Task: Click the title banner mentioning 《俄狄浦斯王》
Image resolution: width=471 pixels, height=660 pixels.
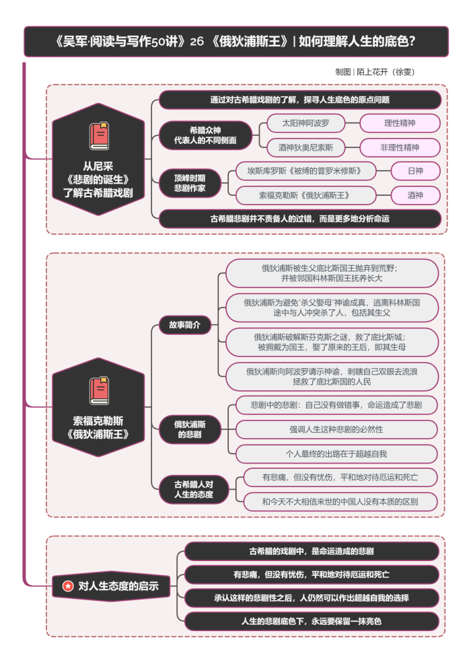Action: click(x=235, y=42)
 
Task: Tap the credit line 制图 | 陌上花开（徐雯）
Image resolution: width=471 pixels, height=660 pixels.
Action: click(x=379, y=71)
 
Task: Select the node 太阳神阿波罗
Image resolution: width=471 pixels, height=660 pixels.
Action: click(x=305, y=123)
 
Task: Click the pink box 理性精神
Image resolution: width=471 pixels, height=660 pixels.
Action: click(x=400, y=123)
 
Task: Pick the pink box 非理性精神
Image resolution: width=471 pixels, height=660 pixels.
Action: click(x=400, y=147)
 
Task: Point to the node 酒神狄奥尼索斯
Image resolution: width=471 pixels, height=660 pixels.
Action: click(x=305, y=147)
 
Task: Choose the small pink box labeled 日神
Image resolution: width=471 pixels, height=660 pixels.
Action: click(x=415, y=171)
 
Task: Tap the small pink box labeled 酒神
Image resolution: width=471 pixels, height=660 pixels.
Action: click(x=415, y=195)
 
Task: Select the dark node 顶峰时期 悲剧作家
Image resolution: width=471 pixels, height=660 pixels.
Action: click(x=190, y=183)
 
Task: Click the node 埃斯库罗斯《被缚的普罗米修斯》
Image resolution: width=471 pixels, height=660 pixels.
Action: click(x=305, y=171)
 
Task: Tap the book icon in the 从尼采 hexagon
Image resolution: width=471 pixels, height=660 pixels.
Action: click(x=99, y=136)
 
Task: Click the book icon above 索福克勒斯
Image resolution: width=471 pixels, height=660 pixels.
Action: click(x=99, y=390)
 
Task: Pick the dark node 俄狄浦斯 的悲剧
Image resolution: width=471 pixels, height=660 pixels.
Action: click(x=189, y=429)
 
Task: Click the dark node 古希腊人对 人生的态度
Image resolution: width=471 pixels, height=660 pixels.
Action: click(x=194, y=489)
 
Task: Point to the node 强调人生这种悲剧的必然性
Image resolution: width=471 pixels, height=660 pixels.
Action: click(x=336, y=429)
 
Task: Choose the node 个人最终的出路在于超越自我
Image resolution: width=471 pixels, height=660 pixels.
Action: click(x=336, y=453)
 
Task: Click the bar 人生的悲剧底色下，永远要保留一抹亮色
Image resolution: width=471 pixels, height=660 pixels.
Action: click(x=312, y=621)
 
